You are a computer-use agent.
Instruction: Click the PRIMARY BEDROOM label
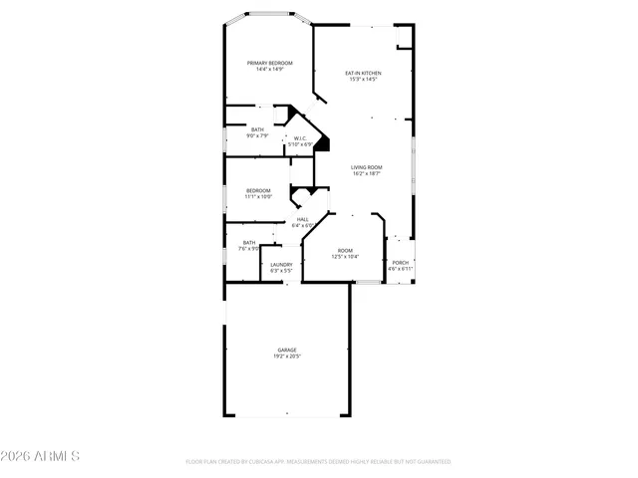269,63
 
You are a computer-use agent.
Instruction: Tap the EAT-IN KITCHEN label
363,73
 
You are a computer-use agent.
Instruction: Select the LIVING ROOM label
367,167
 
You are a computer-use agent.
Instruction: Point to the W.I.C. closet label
300,138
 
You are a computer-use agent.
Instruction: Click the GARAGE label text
287,350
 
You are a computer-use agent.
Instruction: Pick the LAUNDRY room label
281,264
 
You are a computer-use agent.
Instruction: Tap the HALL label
302,219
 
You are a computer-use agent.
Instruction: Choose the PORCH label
399,263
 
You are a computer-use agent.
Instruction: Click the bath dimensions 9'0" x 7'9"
258,135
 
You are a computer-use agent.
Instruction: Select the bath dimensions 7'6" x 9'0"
249,249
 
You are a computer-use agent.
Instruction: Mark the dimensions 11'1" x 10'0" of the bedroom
258,196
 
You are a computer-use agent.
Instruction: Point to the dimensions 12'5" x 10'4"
345,257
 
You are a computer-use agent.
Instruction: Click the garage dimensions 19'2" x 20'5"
287,356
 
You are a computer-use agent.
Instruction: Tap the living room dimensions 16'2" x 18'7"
367,173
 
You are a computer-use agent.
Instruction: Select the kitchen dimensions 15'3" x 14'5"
363,79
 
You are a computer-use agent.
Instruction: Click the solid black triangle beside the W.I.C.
321,144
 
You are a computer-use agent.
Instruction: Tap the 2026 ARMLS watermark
42,456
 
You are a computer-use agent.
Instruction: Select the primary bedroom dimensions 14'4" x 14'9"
269,69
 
